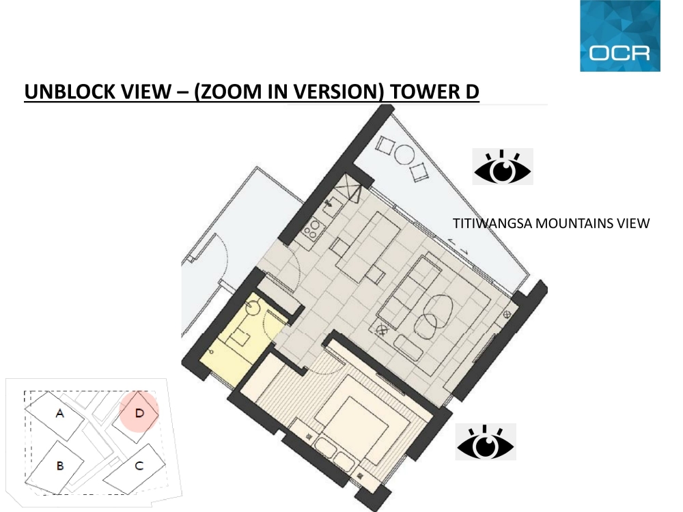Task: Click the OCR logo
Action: point(620,35)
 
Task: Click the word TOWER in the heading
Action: point(419,91)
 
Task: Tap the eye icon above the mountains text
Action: point(503,167)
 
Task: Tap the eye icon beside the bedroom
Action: point(486,442)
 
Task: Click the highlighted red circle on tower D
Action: point(139,412)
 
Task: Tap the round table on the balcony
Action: point(404,154)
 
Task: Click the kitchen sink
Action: point(333,203)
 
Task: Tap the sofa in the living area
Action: point(409,287)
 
